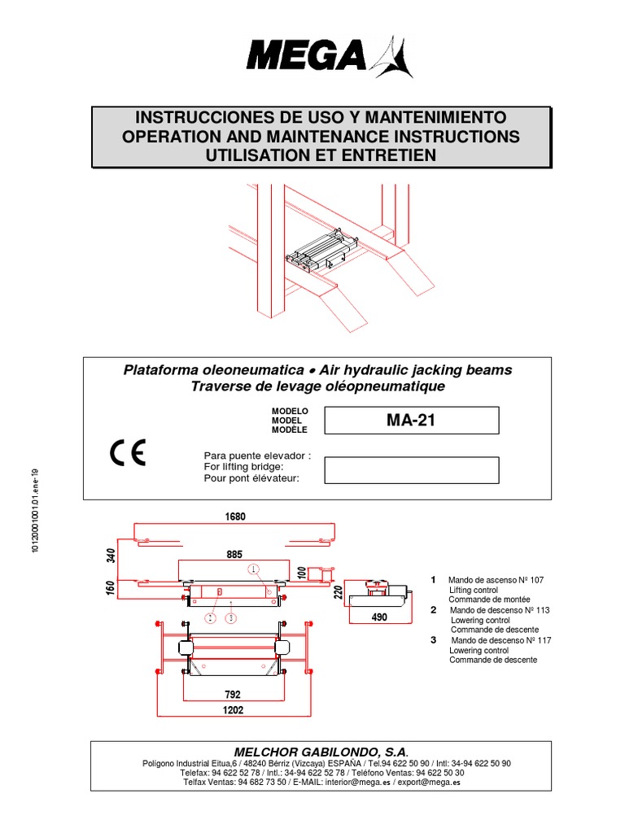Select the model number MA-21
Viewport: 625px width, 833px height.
411,421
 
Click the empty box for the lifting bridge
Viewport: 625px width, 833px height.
411,469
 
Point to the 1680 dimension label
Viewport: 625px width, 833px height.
235,517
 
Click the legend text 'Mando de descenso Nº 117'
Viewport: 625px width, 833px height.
500,640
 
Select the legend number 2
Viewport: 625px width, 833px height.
434,609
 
